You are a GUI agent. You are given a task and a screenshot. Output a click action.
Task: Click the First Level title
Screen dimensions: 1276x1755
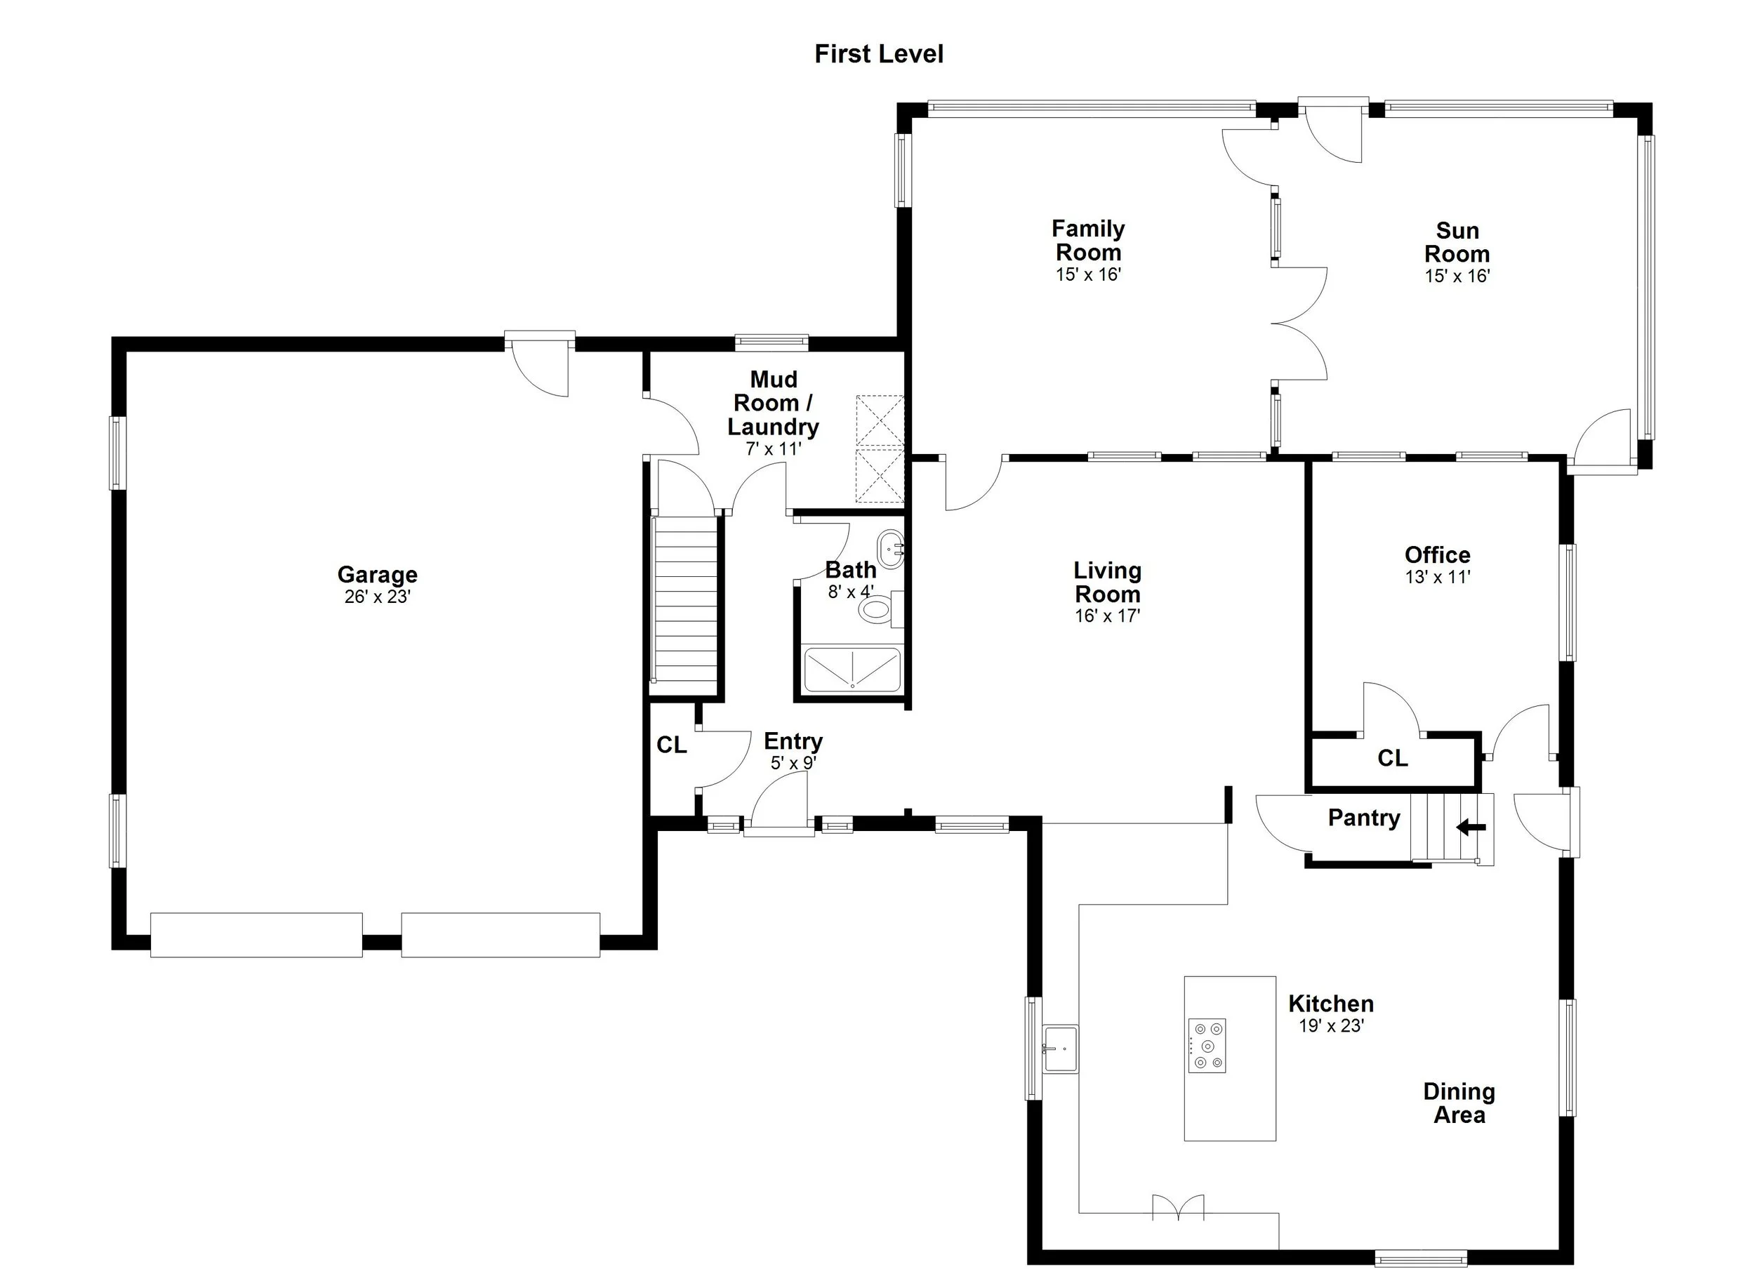tap(878, 53)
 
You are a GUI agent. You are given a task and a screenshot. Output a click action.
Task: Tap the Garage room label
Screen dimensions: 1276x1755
tap(377, 574)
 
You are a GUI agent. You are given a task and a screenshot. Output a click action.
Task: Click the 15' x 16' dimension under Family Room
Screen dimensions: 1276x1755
tap(1088, 274)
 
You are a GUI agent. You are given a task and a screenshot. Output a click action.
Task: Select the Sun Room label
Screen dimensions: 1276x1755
tap(1457, 241)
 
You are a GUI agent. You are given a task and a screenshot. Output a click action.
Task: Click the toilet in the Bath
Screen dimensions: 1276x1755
tap(877, 609)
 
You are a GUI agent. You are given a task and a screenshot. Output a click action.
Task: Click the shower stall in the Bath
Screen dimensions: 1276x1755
tap(852, 670)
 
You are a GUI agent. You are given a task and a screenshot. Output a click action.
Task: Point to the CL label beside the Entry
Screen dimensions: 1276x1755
tap(671, 745)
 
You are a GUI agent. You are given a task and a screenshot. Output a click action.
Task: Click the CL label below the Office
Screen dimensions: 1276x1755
tap(1392, 758)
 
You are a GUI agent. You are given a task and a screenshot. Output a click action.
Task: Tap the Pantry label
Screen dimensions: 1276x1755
tap(1363, 817)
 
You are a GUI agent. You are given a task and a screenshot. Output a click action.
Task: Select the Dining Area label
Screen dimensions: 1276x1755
tap(1459, 1103)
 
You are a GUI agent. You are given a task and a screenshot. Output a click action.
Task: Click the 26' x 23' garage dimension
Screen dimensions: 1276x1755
tap(377, 597)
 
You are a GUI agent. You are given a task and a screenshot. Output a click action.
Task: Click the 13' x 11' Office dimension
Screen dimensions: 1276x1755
tap(1437, 576)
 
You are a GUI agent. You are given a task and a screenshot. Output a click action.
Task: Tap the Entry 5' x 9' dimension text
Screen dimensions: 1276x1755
tap(793, 763)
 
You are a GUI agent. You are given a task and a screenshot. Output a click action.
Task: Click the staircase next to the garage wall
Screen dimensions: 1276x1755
tap(686, 599)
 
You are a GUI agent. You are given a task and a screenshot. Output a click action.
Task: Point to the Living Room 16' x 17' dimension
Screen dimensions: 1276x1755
tap(1107, 616)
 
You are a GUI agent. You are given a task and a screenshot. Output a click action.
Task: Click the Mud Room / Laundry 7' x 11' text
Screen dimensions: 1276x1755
tap(773, 448)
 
